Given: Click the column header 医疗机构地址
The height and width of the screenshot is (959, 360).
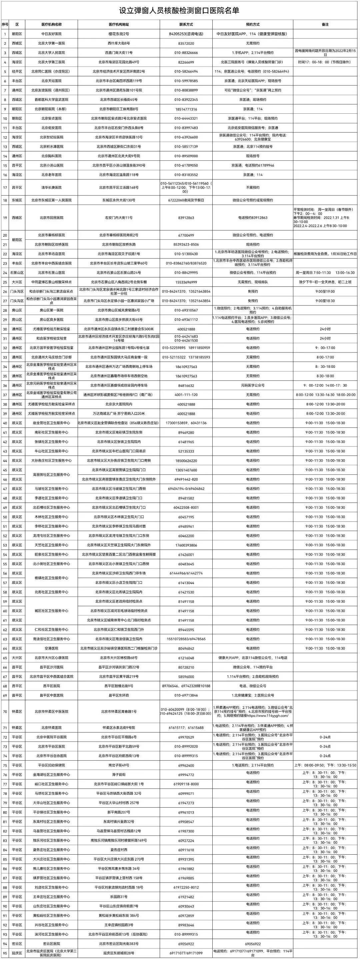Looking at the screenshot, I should pos(119,25).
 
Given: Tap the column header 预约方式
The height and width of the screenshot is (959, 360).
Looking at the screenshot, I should pos(253,25).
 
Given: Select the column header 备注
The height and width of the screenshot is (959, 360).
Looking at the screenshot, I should pos(325,25).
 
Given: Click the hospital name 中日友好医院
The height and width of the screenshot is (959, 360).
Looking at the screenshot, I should pos(51,34).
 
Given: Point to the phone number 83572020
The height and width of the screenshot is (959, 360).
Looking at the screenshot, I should pos(186,43).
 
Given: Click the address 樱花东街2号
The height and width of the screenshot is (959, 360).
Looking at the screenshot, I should pos(119,34).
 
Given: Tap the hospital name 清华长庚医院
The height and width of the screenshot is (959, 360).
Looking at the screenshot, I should pos(51,188).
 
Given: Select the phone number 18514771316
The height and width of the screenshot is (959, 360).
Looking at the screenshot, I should pos(186,109).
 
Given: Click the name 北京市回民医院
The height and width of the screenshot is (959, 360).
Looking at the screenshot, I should pos(51,218).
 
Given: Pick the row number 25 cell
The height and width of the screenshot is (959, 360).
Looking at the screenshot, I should pos(5,282).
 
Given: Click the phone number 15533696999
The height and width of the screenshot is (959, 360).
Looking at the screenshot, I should pos(186,282).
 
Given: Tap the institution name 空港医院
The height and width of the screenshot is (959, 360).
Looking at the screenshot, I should pos(51,649).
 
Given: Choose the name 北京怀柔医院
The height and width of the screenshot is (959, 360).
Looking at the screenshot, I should pos(51,728).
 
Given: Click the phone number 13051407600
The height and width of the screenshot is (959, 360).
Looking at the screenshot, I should pos(186,470).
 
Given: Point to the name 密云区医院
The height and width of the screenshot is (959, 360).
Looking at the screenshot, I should pos(51,944).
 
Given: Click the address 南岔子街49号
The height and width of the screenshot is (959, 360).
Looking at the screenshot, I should pos(119,765).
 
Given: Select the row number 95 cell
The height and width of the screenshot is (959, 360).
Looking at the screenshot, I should pos(5,953).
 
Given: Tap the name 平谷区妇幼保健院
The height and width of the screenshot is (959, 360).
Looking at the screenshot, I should pos(51,765).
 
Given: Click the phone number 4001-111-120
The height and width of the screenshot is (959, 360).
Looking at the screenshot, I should pos(186,394).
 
